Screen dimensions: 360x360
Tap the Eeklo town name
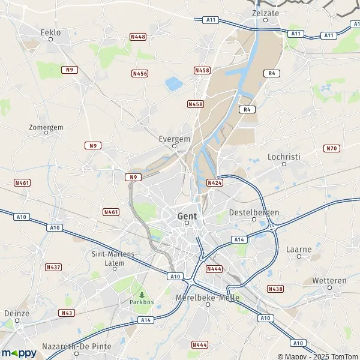(51, 32)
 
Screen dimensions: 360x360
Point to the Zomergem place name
(46, 127)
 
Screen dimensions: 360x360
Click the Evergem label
(175, 138)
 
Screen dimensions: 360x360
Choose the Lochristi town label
(284, 156)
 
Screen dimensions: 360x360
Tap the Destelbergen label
(254, 212)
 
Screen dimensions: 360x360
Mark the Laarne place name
(299, 248)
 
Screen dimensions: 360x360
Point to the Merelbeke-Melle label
(208, 298)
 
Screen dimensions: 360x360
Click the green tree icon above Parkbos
(142, 295)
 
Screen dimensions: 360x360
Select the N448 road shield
(138, 37)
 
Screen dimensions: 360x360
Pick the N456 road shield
(140, 73)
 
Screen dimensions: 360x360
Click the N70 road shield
(331, 148)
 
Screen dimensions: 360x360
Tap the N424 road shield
(215, 182)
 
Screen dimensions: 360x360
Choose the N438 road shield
(275, 289)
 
